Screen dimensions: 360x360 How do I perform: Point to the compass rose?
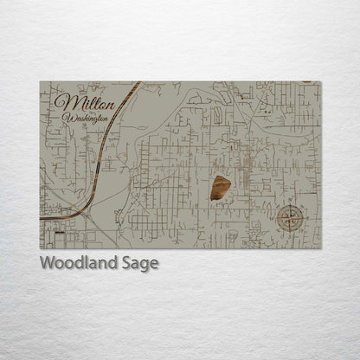point(290,218)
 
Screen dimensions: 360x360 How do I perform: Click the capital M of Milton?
point(62,103)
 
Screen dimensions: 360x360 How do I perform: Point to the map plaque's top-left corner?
point(40,82)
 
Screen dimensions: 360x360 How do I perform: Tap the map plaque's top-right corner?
point(320,81)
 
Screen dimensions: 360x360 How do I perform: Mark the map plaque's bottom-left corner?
point(40,248)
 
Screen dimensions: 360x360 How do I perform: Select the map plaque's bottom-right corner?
point(320,248)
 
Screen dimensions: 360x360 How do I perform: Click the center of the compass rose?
point(290,218)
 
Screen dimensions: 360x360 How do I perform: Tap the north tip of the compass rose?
point(290,204)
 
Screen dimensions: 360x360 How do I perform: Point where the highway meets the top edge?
point(140,82)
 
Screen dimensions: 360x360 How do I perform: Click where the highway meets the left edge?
point(41,220)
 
